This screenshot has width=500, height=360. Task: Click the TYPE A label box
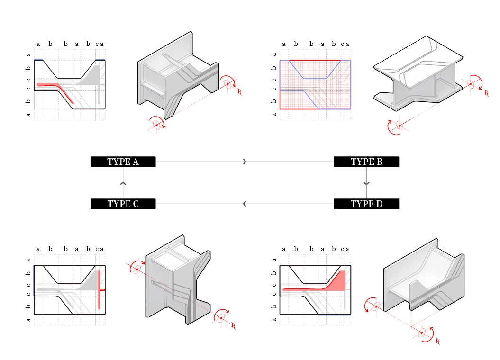(123, 162)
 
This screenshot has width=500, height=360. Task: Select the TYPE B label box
(366, 162)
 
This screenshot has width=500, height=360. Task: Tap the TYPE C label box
(123, 204)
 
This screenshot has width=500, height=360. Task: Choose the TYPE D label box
(366, 204)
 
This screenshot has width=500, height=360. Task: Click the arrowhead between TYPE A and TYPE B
(245, 162)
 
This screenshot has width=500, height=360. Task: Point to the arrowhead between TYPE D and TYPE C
(245, 204)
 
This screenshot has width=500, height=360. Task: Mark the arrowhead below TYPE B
(366, 183)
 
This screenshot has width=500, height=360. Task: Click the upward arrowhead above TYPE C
(123, 183)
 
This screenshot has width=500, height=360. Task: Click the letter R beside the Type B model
(486, 93)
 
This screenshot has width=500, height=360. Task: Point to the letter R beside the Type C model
(234, 326)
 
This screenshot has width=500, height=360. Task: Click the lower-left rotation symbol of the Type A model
(157, 124)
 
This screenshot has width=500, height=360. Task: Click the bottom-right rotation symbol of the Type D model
(424, 333)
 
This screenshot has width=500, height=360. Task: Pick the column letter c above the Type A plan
(97, 44)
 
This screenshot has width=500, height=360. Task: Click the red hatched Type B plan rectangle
(315, 84)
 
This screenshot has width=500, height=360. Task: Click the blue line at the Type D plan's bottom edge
(335, 315)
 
